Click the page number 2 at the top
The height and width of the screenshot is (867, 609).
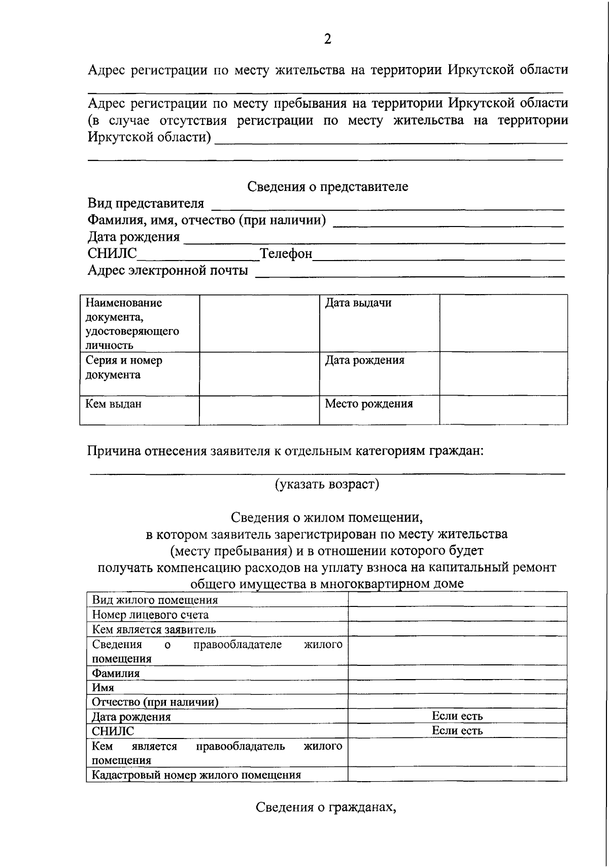click(327, 39)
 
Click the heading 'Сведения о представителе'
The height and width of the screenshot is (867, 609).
click(327, 186)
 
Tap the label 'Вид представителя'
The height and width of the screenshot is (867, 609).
click(146, 204)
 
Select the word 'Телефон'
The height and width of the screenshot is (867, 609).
click(286, 253)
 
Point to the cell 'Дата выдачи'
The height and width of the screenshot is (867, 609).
click(358, 303)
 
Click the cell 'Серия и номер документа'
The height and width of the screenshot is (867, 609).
click(124, 368)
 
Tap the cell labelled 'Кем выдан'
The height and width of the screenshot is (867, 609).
click(114, 404)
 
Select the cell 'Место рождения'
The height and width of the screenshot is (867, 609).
click(369, 404)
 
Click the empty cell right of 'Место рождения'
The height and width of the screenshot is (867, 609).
click(503, 410)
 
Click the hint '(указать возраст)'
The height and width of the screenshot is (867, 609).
click(327, 484)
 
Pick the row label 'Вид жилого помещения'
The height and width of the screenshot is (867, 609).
click(155, 600)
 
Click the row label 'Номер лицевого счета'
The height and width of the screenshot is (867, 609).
click(150, 615)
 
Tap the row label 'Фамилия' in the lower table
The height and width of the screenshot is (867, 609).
click(116, 673)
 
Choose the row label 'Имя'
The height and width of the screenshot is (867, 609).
click(103, 688)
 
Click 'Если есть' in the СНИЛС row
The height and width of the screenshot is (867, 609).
click(457, 731)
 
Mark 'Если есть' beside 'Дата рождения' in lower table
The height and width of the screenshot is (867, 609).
click(457, 717)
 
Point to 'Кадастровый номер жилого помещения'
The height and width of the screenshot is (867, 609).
click(196, 775)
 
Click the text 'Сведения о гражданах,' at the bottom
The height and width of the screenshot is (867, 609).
click(325, 808)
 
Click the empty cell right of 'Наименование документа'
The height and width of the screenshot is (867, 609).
click(259, 324)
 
